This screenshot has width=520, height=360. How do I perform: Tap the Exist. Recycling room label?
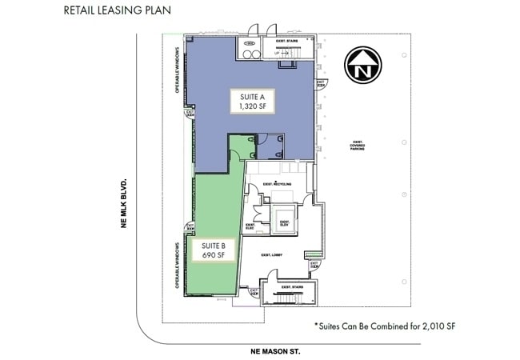point(276,184)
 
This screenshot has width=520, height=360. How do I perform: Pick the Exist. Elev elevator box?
point(283,221)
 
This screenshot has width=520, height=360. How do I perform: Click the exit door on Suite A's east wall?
point(320,83)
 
